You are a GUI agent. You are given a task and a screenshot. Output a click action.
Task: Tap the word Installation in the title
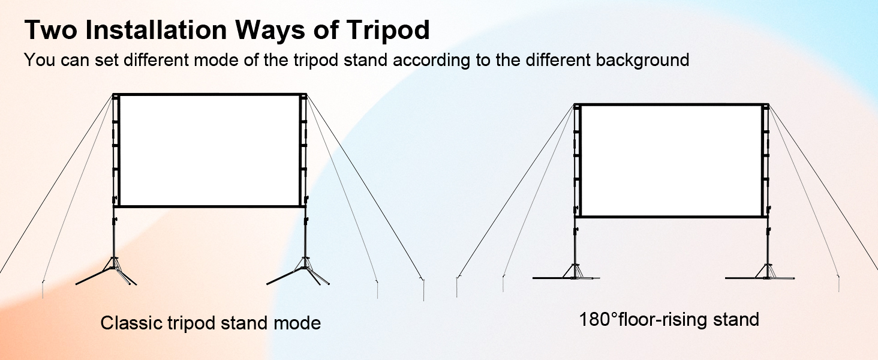(x=156, y=29)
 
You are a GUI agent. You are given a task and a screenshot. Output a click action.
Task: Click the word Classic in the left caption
(x=131, y=323)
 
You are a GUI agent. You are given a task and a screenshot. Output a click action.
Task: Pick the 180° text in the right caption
(x=598, y=319)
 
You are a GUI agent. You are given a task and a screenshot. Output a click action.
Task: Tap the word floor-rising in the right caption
(x=663, y=320)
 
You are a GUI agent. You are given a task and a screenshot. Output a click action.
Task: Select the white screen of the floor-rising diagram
(x=671, y=160)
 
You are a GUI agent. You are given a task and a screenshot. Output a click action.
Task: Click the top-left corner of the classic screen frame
(x=113, y=94)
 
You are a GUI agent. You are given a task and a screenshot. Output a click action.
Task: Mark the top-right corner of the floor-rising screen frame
(x=768, y=105)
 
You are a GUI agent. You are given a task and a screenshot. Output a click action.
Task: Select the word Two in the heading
(x=51, y=29)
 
